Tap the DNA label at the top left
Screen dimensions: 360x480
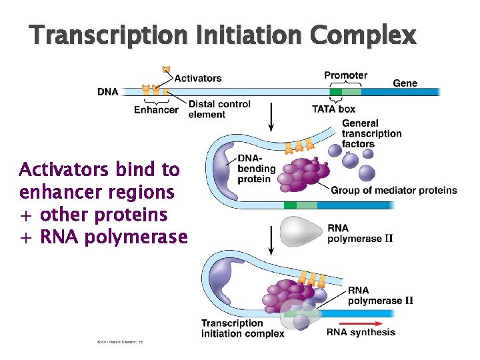click(108, 92)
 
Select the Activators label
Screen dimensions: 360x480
click(198, 78)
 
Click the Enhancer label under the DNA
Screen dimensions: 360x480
click(156, 110)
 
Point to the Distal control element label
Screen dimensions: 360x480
click(219, 109)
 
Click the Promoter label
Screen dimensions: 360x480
click(345, 75)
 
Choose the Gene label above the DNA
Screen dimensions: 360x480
click(405, 83)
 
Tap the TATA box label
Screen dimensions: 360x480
click(333, 109)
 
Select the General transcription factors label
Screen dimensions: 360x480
click(371, 133)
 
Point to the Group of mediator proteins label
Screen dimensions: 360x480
click(393, 190)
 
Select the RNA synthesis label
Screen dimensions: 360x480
click(361, 332)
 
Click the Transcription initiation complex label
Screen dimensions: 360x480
click(243, 328)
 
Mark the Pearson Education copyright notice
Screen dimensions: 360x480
click(120, 342)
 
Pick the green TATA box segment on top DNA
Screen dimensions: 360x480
click(337, 91)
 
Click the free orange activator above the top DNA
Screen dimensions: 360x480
click(167, 69)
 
